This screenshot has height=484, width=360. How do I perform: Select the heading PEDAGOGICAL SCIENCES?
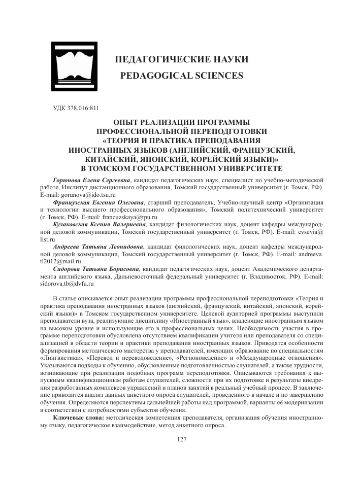click(x=182, y=76)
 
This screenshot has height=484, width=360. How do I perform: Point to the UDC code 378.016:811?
click(x=76, y=107)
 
